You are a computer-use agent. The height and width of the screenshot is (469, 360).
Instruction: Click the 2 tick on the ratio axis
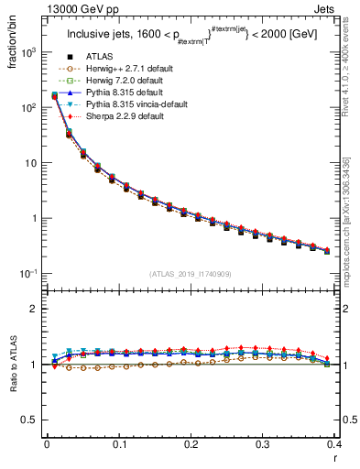click(35, 309)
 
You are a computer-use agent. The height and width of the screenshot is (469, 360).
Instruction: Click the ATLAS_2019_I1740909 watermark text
click(191, 274)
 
